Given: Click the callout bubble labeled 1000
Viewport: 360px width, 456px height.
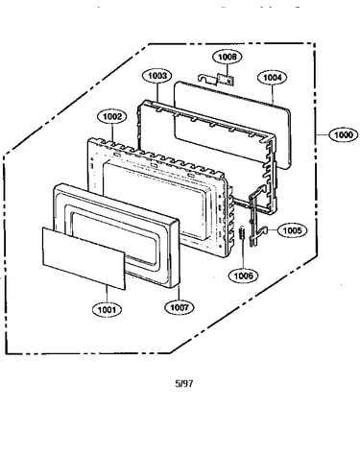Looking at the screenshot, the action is [343, 134].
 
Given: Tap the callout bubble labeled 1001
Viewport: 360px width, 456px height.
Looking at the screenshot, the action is [108, 309].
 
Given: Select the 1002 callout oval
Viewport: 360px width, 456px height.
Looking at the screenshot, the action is [112, 116].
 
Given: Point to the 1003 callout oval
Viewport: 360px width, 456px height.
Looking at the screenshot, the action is [157, 76].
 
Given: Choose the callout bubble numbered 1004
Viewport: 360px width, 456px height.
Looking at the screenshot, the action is [273, 78].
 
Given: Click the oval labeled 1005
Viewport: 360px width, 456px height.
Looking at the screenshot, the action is [292, 230].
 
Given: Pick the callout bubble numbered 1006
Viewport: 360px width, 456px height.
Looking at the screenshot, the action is [244, 276].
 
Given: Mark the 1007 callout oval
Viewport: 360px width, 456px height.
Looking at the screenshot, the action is [180, 307].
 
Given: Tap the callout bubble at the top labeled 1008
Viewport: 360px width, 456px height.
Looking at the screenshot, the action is [228, 57].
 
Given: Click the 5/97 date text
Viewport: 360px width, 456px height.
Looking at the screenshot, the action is [184, 383].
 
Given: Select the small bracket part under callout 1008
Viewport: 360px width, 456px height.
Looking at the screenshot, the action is [217, 80].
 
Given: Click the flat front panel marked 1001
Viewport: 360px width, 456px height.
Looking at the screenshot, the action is [84, 258].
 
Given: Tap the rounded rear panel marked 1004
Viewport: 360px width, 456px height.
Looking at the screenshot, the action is [233, 125].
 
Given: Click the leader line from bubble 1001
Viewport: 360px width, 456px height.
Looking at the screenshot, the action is [107, 294].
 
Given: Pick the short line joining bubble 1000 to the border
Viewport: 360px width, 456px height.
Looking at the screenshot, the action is [322, 134].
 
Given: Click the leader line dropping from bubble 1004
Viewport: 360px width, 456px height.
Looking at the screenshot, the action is [273, 94].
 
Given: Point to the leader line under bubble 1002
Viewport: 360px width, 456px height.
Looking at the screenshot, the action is [112, 133].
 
